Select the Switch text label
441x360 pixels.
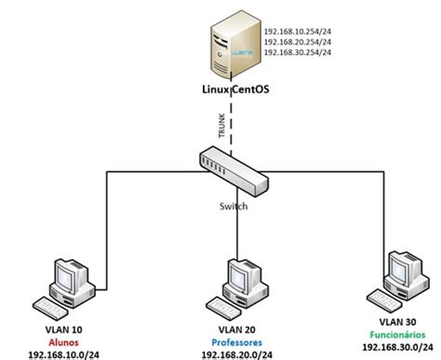(x=232, y=207)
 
